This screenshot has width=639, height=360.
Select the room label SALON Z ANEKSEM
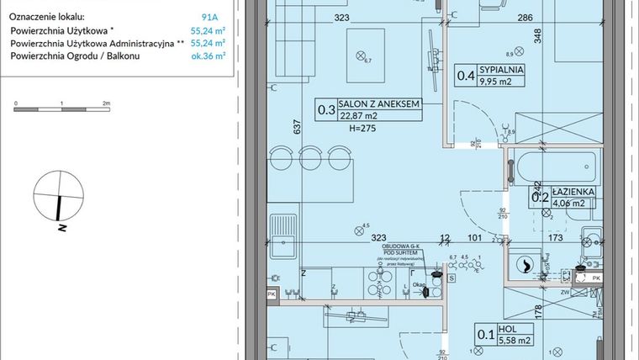coord(378,103)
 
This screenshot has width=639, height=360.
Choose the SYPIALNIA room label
coord(502,70)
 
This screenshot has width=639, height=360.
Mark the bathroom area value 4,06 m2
coord(571,203)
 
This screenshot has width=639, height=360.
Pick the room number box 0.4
coord(464,76)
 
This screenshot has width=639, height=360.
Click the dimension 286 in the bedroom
coord(525,17)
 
